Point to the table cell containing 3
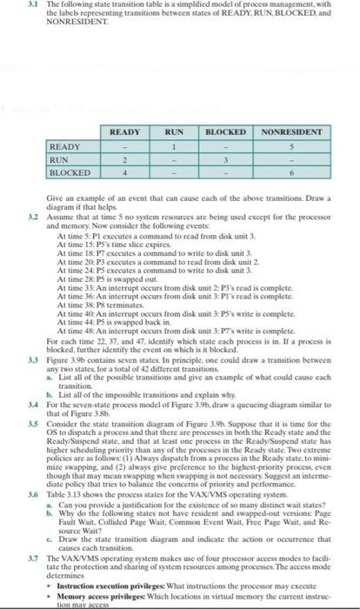click(228, 160)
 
